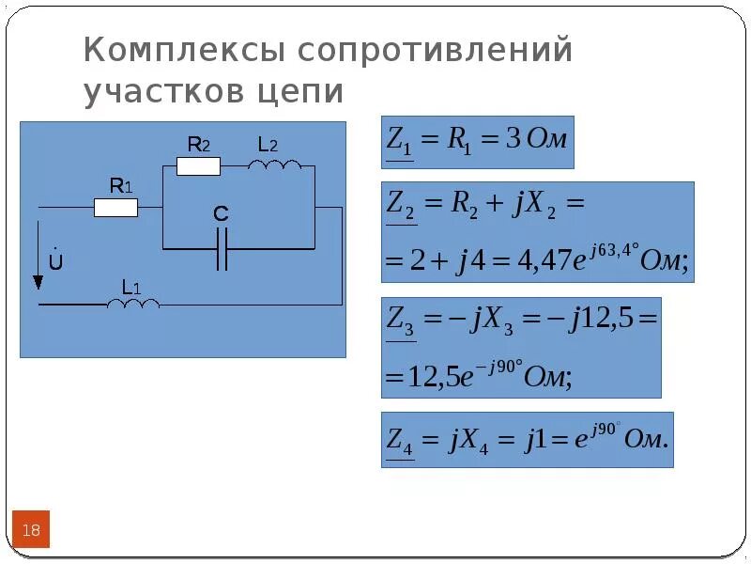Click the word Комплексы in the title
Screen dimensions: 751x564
click(180, 50)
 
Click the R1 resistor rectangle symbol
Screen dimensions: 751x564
click(115, 207)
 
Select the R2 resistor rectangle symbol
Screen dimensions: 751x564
click(198, 167)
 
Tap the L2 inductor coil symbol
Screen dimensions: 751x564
click(275, 166)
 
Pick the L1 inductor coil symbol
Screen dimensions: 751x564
click(133, 304)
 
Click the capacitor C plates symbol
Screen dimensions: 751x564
click(222, 249)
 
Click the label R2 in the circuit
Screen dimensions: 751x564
click(198, 145)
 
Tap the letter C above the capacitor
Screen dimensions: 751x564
click(221, 215)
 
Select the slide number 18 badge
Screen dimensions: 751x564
click(31, 530)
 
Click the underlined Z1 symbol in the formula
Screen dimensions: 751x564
click(399, 142)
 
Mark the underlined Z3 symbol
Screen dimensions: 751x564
click(401, 320)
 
